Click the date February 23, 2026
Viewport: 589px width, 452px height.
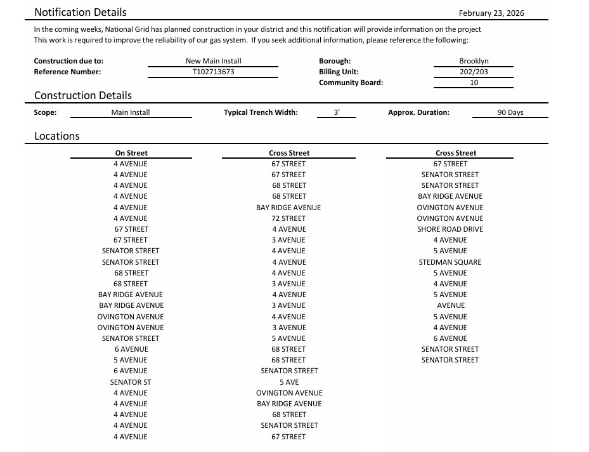click(491, 13)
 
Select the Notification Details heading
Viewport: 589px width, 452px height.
click(81, 12)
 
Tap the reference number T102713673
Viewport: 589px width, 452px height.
click(213, 72)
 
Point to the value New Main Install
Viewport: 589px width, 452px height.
click(213, 61)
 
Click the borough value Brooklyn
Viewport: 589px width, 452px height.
click(474, 61)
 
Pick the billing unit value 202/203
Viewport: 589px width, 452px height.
click(474, 72)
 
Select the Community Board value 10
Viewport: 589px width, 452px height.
click(474, 83)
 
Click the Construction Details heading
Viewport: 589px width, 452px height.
click(83, 95)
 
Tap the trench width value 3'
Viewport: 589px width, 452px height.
click(337, 112)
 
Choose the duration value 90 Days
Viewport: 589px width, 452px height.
click(510, 112)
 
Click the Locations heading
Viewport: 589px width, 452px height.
click(57, 136)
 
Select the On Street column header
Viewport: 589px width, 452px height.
click(131, 153)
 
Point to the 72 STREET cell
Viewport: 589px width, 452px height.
click(288, 218)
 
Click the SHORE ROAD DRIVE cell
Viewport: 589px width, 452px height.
click(450, 229)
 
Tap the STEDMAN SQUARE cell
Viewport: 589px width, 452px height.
click(450, 262)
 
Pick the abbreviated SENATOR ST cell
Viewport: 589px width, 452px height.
click(131, 382)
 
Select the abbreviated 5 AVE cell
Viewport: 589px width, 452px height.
click(289, 382)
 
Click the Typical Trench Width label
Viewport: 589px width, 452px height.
click(261, 112)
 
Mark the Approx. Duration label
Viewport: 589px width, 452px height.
click(418, 112)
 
